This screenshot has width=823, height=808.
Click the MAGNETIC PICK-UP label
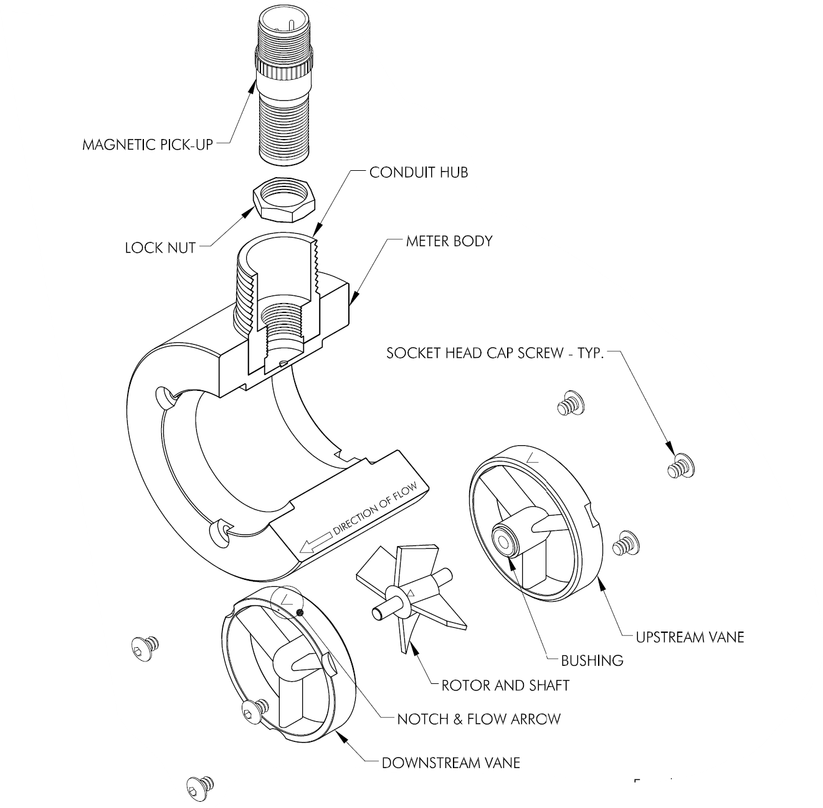(x=148, y=145)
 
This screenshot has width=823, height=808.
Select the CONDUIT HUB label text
(x=418, y=172)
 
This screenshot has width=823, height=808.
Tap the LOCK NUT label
(x=160, y=248)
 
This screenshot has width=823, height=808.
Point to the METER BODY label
(x=449, y=241)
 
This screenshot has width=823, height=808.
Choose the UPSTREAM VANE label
(x=690, y=637)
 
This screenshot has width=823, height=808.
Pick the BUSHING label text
(x=592, y=660)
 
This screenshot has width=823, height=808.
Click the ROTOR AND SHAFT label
(x=505, y=685)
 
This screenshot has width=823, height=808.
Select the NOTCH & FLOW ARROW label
(x=478, y=719)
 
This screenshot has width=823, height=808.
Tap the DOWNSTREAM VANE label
(x=450, y=762)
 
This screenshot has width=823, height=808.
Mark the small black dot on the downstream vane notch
(x=300, y=612)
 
